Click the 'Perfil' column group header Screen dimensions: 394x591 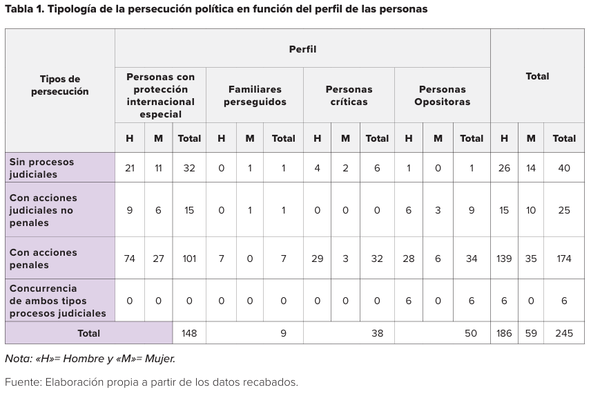click(x=302, y=49)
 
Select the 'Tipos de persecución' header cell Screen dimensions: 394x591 click(x=60, y=85)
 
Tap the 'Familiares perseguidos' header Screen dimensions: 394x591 click(x=255, y=95)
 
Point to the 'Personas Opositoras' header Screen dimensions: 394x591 click(x=442, y=95)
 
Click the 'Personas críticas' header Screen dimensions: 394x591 click(x=349, y=95)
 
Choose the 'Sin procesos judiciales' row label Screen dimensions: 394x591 click(x=41, y=168)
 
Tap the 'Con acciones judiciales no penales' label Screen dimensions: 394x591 click(x=43, y=210)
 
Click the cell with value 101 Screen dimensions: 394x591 click(x=188, y=259)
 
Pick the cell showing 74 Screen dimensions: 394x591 click(x=130, y=259)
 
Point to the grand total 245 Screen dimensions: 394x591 click(x=564, y=333)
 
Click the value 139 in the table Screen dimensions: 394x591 click(x=505, y=259)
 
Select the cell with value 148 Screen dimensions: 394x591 click(x=188, y=333)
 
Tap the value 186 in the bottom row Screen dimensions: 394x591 click(x=505, y=333)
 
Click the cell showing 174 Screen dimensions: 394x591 click(x=564, y=259)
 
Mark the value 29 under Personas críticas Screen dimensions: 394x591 click(x=317, y=259)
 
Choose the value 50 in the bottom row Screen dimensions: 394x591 click(x=471, y=333)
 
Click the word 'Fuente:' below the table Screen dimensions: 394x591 click(x=23, y=382)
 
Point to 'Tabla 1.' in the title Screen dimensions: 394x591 click(x=24, y=9)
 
